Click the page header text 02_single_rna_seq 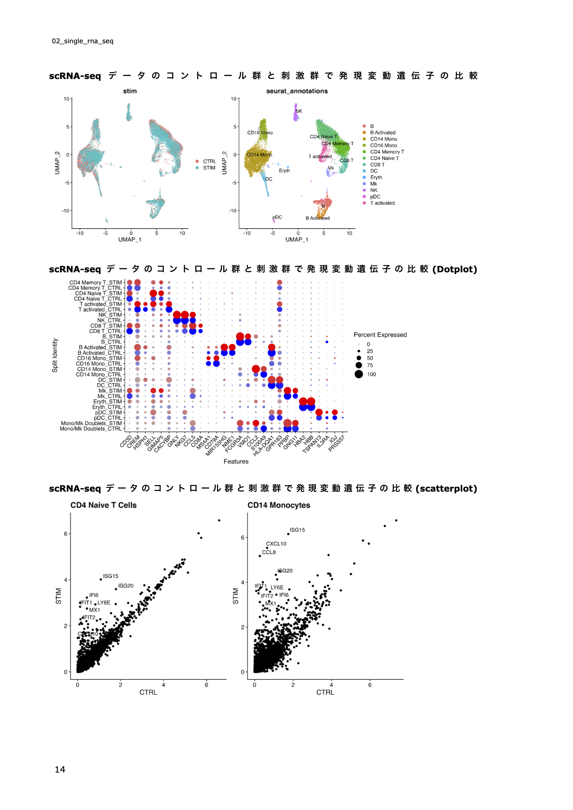83,41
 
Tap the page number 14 60,769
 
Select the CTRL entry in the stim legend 209,161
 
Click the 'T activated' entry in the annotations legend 382,203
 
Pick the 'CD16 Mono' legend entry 383,146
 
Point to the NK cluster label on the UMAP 299,111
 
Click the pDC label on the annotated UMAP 278,217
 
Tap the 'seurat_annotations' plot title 297,91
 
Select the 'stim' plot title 130,91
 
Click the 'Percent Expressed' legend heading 380,334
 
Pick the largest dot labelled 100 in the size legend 359,374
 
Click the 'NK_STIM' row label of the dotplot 110,315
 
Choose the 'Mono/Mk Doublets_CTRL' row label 91,429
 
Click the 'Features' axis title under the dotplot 236,461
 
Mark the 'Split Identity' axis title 55,355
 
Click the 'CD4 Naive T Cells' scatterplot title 103,505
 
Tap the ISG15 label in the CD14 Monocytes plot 297,529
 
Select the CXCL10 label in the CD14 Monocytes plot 276,543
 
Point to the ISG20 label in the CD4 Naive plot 125,585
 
